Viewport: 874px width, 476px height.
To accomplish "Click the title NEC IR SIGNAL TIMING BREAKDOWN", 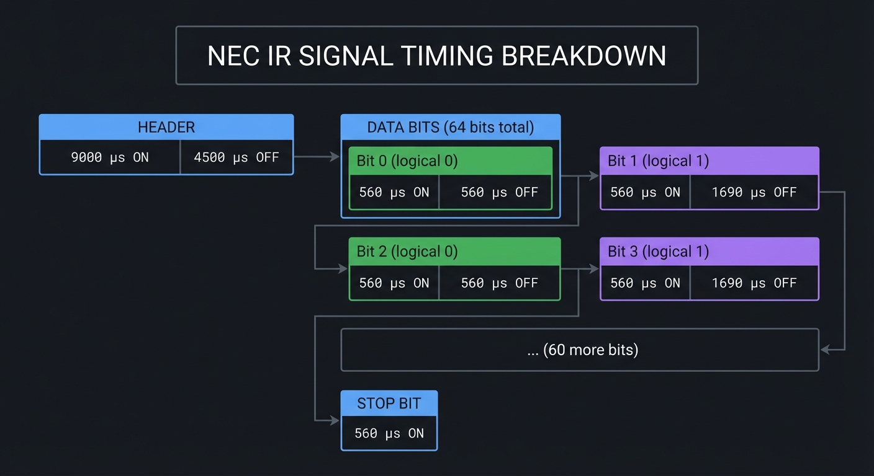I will coord(436,56).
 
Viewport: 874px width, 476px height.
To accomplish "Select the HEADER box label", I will coord(166,127).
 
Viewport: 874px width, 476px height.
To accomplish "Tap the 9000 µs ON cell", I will coord(110,157).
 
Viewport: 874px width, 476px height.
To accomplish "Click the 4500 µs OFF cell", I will coord(237,157).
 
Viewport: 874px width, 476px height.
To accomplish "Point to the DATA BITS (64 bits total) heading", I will coord(450,127).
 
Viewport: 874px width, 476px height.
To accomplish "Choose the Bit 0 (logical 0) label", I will coord(407,161).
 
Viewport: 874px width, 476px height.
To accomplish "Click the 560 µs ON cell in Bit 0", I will coord(394,192).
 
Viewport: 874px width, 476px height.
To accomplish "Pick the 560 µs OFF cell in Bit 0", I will coord(498,192).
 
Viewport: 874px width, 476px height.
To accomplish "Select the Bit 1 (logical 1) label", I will coord(658,161).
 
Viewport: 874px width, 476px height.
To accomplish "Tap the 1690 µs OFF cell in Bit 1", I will coord(754,192).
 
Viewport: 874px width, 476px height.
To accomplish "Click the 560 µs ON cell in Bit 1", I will coord(645,192).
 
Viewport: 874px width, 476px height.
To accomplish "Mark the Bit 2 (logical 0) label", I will coord(407,252).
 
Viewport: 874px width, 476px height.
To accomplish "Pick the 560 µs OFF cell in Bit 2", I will coord(498,283).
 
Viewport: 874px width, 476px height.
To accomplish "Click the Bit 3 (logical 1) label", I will coord(658,252).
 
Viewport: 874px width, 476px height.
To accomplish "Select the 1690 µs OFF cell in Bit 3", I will coord(754,283).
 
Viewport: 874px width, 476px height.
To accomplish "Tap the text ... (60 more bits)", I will coord(583,350).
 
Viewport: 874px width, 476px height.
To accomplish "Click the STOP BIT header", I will coord(389,403).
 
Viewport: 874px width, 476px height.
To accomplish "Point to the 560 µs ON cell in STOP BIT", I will coord(389,433).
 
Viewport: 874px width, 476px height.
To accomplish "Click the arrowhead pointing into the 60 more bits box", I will coord(825,350).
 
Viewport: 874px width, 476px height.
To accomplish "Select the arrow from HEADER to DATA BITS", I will coord(317,157).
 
